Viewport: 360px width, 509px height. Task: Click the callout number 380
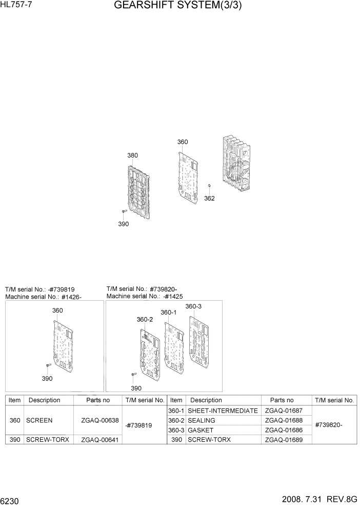click(x=132, y=155)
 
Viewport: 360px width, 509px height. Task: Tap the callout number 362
click(x=209, y=199)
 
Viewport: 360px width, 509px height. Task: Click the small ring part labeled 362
click(x=209, y=185)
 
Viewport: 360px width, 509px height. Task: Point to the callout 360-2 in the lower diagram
click(x=145, y=319)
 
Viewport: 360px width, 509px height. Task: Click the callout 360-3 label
click(x=193, y=306)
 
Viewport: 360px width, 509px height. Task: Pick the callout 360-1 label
click(x=168, y=312)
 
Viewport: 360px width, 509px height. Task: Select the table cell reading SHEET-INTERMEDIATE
click(x=223, y=410)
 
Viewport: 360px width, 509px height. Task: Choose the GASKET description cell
click(x=201, y=430)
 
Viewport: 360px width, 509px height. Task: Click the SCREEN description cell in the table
click(x=39, y=420)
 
